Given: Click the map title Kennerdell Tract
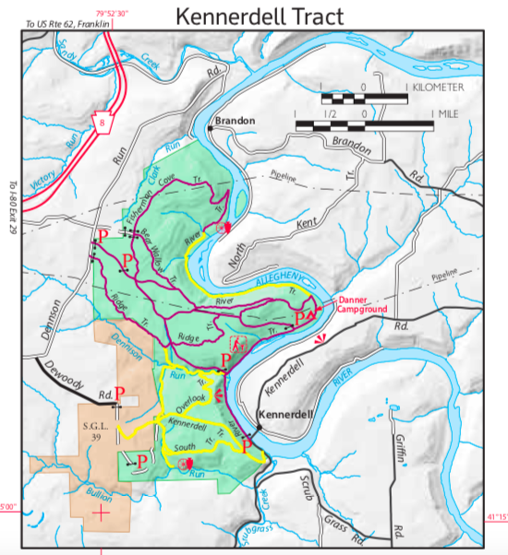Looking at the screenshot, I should [253, 16].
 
